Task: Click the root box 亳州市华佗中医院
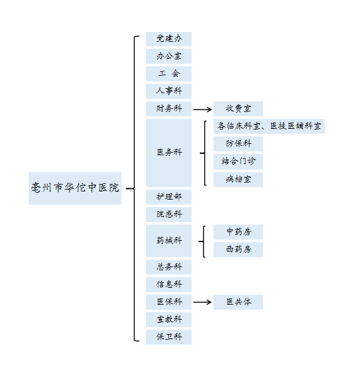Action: point(75,188)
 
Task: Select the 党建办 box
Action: point(168,39)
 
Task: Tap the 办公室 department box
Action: point(168,56)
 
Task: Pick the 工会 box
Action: point(168,74)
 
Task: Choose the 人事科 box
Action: point(168,91)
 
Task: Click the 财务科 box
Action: point(168,109)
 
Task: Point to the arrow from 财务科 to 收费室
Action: point(202,109)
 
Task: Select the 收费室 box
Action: point(238,109)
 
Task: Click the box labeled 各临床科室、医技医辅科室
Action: point(269,126)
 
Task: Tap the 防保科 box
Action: point(238,144)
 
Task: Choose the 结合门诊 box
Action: point(238,161)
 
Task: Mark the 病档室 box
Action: point(238,180)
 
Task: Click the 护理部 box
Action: point(168,197)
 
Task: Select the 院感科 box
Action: point(168,215)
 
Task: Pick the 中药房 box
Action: point(238,232)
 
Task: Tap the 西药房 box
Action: point(238,249)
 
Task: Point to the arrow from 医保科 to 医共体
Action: point(202,302)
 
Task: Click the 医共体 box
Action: point(238,302)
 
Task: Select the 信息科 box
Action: point(168,284)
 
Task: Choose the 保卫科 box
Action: point(168,337)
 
